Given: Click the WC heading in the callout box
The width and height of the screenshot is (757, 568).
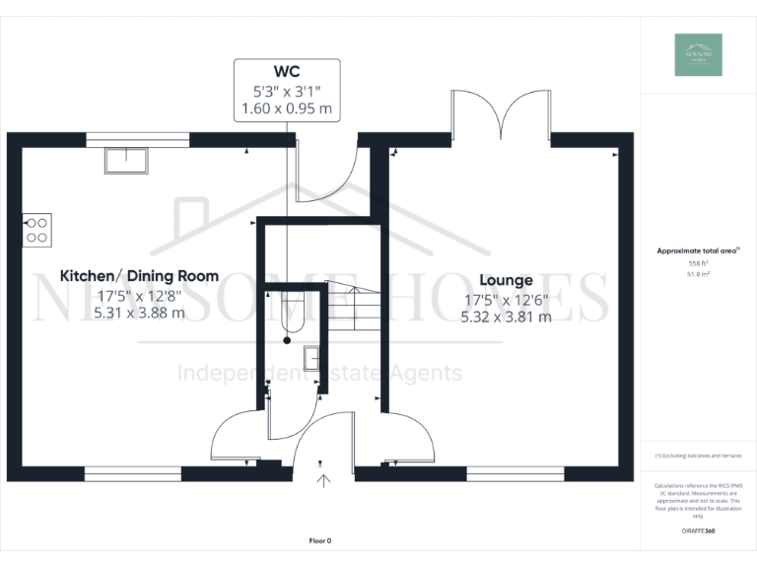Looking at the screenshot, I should click(x=287, y=72).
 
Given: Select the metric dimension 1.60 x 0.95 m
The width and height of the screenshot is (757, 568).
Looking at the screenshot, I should click(x=287, y=107).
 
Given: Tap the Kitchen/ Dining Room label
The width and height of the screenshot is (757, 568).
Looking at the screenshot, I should click(x=139, y=276).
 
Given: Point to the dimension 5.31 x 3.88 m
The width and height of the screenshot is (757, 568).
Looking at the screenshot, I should click(x=139, y=313).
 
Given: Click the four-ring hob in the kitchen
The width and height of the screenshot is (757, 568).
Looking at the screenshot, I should click(x=36, y=230).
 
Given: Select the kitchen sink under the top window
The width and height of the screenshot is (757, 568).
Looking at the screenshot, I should click(x=125, y=159).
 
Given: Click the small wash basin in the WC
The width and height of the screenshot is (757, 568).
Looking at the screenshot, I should click(x=310, y=358).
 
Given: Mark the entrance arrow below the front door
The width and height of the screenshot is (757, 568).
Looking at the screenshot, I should click(x=324, y=481).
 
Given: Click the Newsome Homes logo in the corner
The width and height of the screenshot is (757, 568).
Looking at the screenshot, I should click(x=698, y=55).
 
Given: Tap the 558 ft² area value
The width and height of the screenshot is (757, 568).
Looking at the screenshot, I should click(x=698, y=263).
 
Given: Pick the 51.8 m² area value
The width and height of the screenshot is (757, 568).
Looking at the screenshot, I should click(x=698, y=275).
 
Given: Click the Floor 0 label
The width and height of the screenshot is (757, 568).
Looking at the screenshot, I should click(x=320, y=540).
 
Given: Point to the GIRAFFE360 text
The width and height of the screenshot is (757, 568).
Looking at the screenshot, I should click(x=698, y=532).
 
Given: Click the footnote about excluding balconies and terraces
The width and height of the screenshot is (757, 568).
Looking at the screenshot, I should click(x=698, y=456).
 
